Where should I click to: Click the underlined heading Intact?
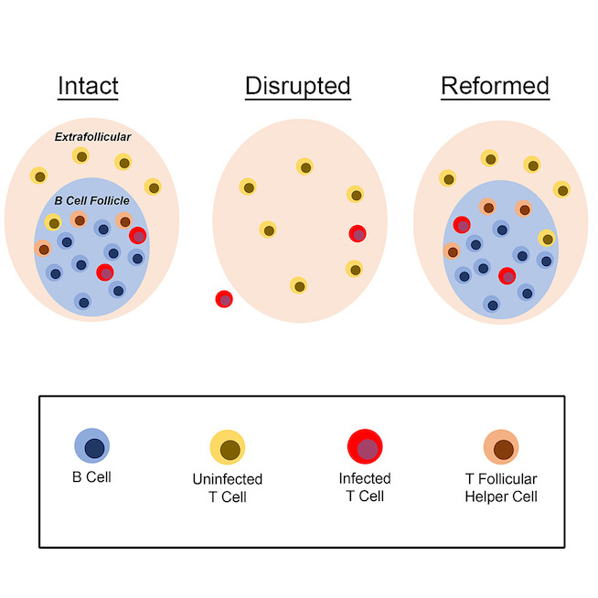[88, 87]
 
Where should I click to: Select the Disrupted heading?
[298, 87]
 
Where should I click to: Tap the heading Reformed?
[495, 87]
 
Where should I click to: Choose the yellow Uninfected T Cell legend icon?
[228, 448]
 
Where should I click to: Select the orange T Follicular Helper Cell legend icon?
[501, 448]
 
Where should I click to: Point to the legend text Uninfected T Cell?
[228, 487]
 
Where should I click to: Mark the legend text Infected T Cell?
[364, 487]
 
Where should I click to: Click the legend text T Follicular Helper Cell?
[501, 487]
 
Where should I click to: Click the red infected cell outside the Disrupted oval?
[224, 299]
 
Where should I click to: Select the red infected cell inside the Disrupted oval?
[358, 233]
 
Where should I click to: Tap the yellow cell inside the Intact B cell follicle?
[53, 221]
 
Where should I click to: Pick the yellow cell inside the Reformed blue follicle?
[546, 238]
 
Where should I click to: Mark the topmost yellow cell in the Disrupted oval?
[304, 166]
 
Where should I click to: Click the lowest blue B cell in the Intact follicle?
[82, 301]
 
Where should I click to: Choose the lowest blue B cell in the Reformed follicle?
[492, 304]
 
